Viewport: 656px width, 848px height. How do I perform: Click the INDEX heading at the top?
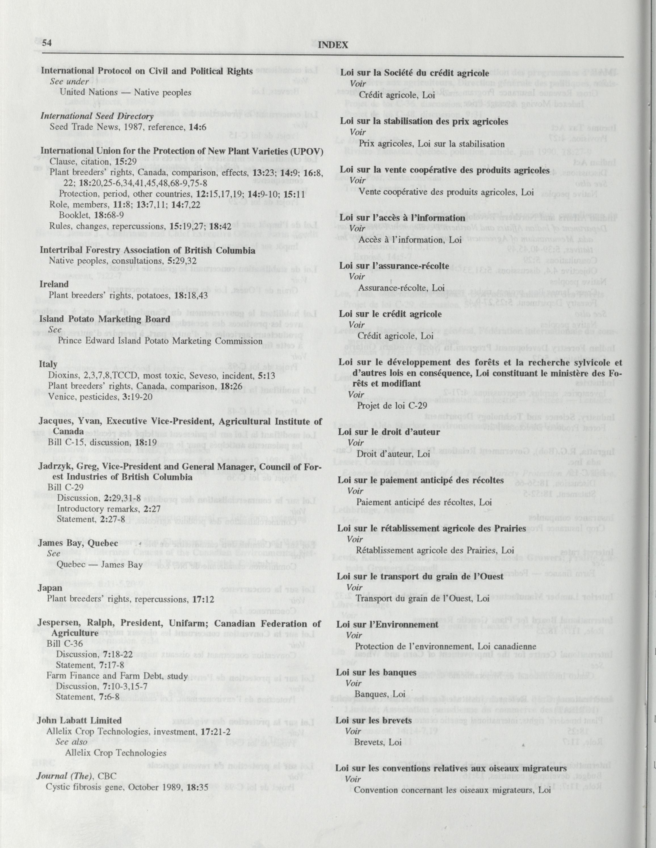coord(333,45)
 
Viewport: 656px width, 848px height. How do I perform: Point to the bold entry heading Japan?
coord(50,588)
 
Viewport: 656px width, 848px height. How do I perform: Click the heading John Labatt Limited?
coord(79,720)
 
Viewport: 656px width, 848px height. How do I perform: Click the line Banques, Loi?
coord(380,693)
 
